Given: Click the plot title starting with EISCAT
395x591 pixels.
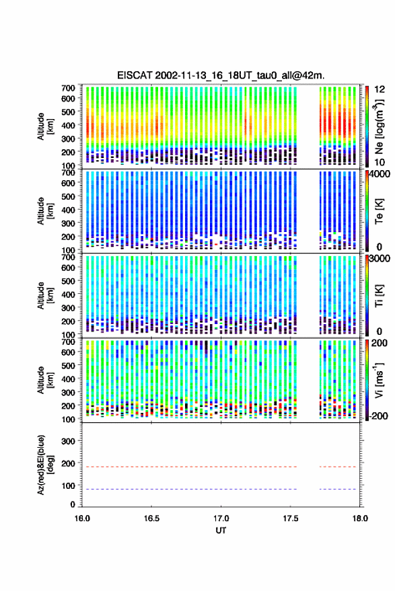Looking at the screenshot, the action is tap(221, 75).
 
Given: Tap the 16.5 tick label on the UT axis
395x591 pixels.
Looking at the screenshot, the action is tap(151, 518).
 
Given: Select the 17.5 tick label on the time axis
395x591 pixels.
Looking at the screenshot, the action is tap(290, 518).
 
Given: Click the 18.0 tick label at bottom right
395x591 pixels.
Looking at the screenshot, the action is tap(360, 518).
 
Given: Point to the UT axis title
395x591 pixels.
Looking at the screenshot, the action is tap(221, 530).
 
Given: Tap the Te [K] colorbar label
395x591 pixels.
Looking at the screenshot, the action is tap(379, 211).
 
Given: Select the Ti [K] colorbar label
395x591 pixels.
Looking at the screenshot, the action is tap(379, 296).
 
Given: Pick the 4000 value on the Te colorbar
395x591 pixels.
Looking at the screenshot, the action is tap(379, 174).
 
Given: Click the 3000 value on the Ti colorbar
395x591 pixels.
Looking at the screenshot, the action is tap(379, 259).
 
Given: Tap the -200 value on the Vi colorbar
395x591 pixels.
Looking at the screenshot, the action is tap(379, 416).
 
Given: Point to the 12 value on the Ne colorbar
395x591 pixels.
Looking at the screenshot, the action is tap(380, 89).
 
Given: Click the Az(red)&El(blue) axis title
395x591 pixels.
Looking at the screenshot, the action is tap(44, 465).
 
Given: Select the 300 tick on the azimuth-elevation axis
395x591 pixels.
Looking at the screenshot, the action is tap(68, 441).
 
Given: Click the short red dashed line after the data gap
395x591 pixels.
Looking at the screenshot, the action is tap(338, 467).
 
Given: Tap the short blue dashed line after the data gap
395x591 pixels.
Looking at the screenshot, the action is tap(338, 489).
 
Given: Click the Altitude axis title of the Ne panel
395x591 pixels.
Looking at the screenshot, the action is tap(44, 126).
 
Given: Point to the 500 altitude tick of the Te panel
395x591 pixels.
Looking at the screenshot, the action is tap(68, 196).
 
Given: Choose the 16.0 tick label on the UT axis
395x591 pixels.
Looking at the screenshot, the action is tap(82, 518).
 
